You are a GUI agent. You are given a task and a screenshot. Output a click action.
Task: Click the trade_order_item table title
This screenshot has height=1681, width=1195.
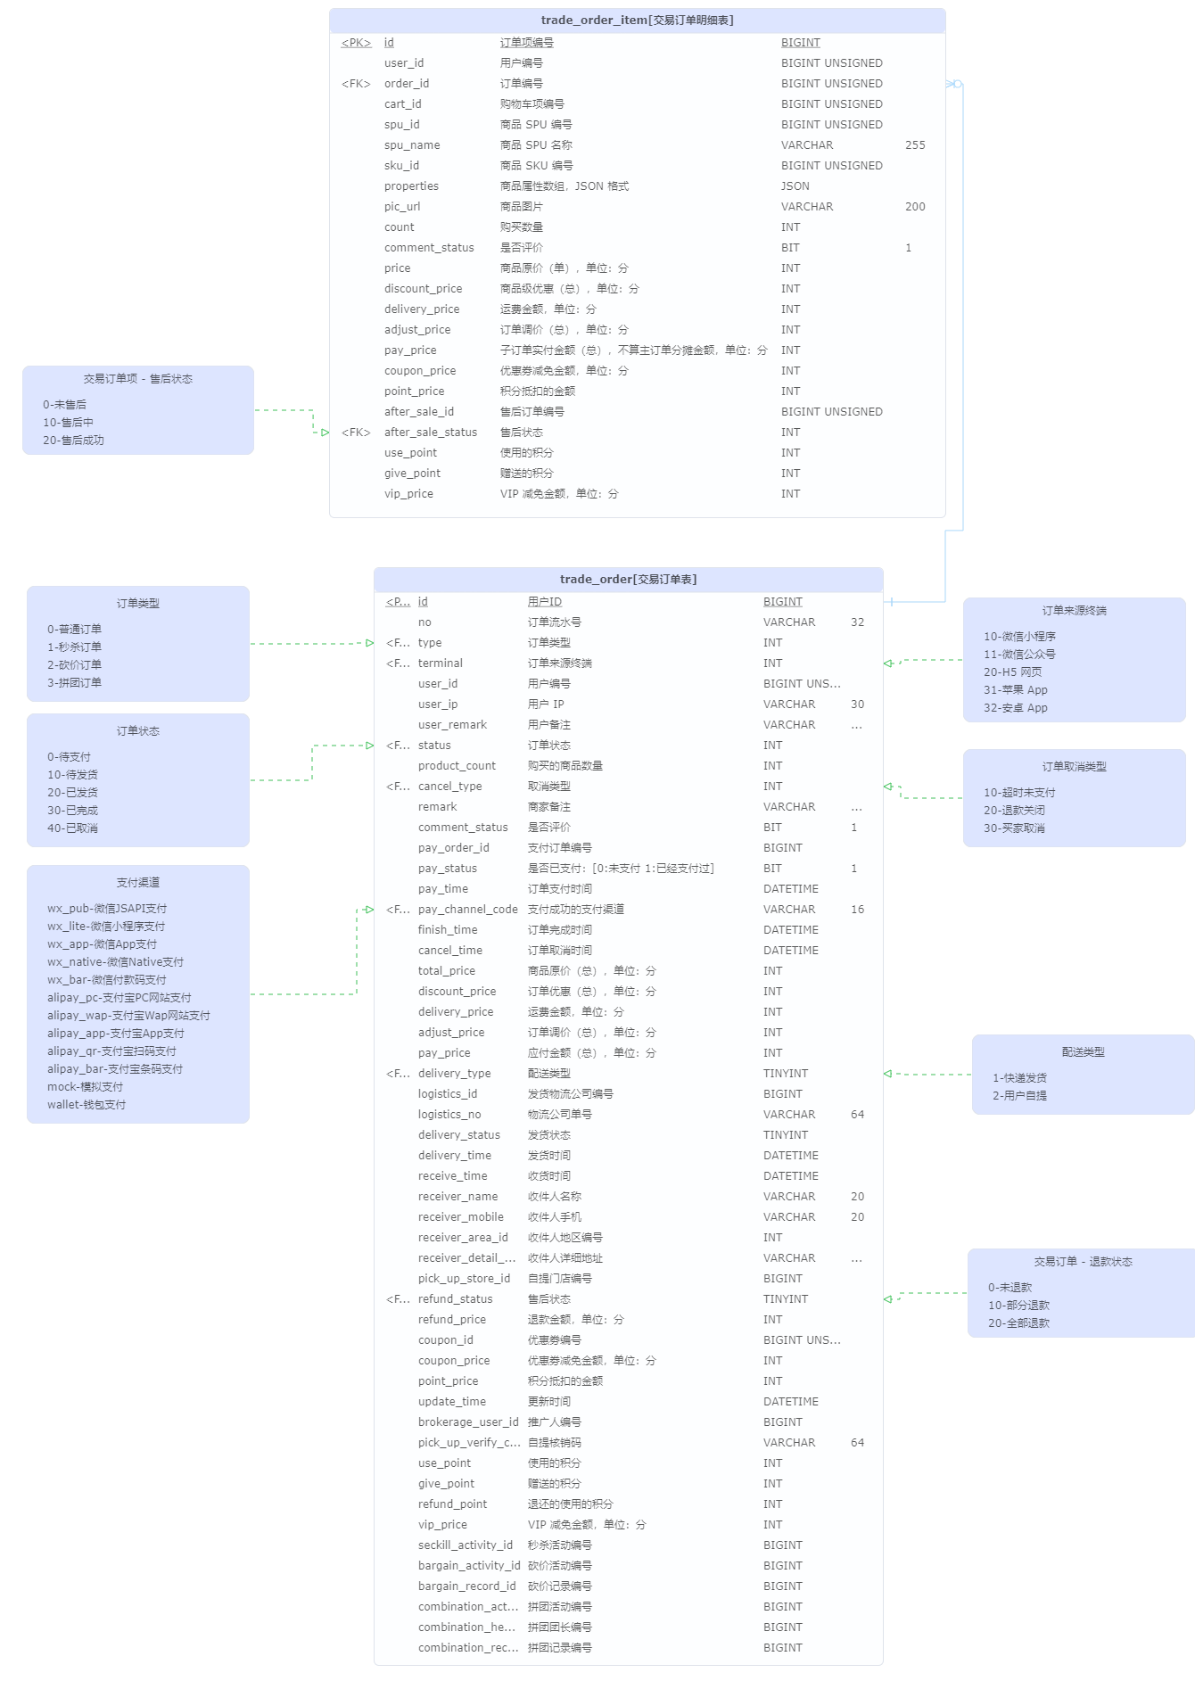(637, 21)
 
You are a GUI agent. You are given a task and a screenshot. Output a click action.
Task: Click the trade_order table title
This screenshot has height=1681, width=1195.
(628, 580)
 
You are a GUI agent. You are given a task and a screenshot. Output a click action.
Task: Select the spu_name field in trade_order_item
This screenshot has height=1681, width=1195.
(412, 145)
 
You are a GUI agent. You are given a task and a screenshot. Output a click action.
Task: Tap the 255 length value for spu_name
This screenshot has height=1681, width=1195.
(915, 145)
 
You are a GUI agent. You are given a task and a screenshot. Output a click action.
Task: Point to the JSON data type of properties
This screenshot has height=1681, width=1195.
(795, 186)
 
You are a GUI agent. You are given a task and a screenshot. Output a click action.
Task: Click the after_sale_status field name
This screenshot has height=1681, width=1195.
(431, 433)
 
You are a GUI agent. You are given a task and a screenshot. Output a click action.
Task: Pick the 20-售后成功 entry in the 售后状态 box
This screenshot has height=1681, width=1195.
(73, 441)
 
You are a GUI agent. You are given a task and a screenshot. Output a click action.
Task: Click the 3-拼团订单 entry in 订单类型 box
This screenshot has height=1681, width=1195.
(74, 683)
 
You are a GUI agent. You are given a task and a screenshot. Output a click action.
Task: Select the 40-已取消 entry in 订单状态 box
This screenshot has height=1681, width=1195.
(72, 828)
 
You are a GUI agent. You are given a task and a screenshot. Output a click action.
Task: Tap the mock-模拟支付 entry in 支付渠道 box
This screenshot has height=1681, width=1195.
(85, 1087)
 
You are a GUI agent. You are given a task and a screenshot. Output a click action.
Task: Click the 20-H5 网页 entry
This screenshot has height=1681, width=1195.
(1012, 672)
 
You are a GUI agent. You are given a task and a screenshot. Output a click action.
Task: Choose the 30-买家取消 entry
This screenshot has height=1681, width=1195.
(1014, 828)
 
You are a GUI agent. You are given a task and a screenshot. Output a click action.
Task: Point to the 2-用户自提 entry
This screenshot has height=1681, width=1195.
(1019, 1096)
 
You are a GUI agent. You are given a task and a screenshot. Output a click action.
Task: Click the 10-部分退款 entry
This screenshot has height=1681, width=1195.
(1018, 1306)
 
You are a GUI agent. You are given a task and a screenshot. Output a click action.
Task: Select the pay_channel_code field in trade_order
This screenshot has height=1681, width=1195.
(467, 910)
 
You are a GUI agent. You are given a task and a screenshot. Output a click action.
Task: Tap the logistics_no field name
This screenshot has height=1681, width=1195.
(449, 1115)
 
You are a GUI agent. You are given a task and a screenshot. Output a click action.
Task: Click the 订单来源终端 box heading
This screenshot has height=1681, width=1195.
(1074, 611)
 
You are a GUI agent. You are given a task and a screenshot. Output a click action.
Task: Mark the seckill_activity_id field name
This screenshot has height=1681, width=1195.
(465, 1545)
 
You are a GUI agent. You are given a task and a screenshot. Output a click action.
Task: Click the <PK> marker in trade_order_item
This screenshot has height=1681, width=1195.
(356, 43)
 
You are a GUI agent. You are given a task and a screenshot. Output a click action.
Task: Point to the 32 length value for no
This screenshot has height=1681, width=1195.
(857, 622)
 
